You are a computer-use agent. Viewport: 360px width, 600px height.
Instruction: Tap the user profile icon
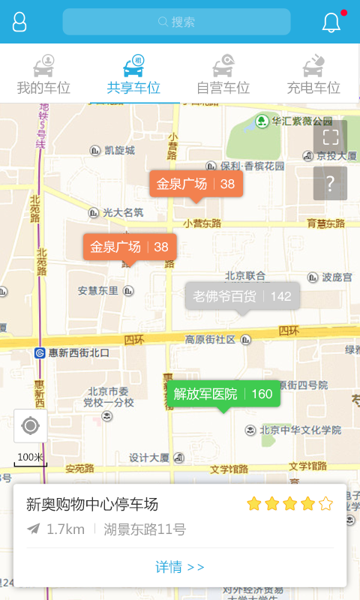tap(19, 22)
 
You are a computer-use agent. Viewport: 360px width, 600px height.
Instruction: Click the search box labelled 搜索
tap(176, 22)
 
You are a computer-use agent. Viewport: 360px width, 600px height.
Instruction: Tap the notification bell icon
tap(331, 22)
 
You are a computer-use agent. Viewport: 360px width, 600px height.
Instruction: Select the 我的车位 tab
tap(44, 75)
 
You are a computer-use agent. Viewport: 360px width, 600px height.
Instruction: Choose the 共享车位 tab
tap(133, 75)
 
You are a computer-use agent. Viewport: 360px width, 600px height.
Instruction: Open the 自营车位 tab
tap(223, 75)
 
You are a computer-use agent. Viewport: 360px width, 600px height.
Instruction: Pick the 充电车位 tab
tap(313, 75)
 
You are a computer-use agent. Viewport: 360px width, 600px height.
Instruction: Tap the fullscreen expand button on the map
tap(330, 137)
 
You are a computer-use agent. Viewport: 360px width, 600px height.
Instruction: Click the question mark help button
tap(330, 183)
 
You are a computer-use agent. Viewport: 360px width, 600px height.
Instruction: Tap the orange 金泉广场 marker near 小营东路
tap(196, 184)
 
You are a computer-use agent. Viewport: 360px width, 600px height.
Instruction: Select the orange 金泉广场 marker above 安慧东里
tap(130, 247)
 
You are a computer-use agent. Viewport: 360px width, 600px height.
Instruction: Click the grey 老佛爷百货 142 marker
tap(242, 296)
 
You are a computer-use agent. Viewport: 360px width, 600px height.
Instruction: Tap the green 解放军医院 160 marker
tap(223, 394)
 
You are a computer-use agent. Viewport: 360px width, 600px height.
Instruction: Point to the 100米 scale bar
tap(31, 458)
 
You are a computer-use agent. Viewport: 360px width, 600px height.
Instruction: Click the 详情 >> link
tap(180, 567)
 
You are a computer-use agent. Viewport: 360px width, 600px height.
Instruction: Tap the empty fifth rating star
tap(325, 504)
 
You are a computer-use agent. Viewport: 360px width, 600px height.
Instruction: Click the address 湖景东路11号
tap(145, 529)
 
